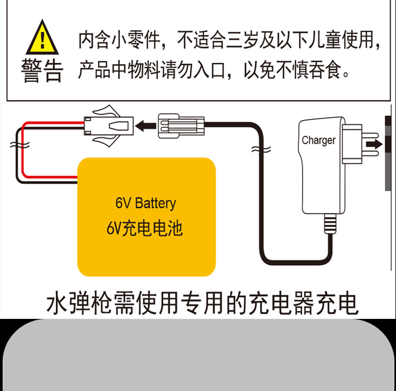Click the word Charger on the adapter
pyautogui.click(x=319, y=140)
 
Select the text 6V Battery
pyautogui.click(x=145, y=204)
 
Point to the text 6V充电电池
pyautogui.click(x=145, y=229)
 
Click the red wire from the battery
pyautogui.click(x=32, y=124)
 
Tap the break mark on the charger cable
pyautogui.click(x=264, y=148)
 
